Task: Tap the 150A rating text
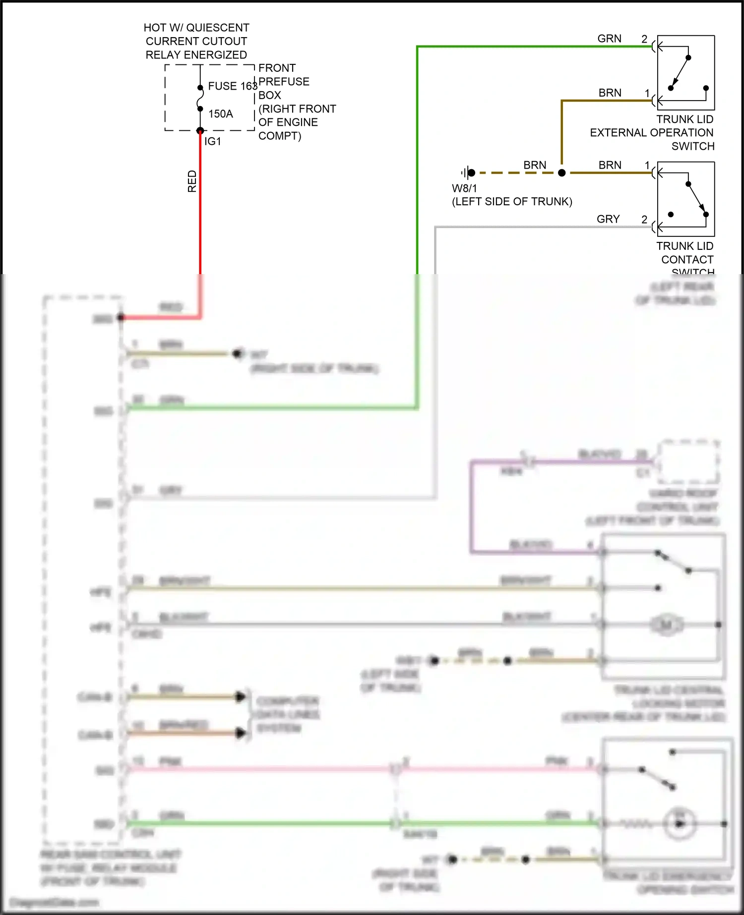(x=221, y=114)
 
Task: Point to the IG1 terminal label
(x=213, y=142)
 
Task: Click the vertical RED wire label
(x=192, y=181)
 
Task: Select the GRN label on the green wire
(x=609, y=39)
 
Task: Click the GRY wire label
(x=608, y=219)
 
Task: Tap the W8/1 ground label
(x=464, y=188)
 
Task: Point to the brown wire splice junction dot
(x=561, y=173)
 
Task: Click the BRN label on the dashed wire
(x=535, y=165)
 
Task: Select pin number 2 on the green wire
(x=644, y=39)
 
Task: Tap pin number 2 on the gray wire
(x=644, y=219)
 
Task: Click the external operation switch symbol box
(x=686, y=72)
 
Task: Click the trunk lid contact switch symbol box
(x=686, y=199)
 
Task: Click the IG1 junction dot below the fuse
(x=200, y=131)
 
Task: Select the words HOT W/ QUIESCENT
(x=196, y=28)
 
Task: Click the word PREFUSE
(x=284, y=82)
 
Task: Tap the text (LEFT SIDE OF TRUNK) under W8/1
(x=512, y=202)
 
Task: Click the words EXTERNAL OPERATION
(x=651, y=133)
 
